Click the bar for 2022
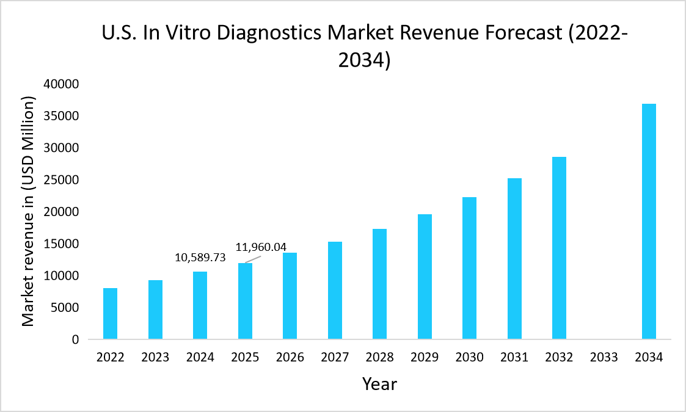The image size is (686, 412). click(x=110, y=314)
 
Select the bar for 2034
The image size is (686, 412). click(x=649, y=222)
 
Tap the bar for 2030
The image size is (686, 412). click(x=469, y=269)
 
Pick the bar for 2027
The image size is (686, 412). click(x=335, y=291)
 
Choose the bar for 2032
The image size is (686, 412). click(x=559, y=248)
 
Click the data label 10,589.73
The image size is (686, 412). click(x=200, y=258)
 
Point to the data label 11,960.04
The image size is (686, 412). click(x=261, y=248)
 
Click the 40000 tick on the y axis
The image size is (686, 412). click(x=61, y=84)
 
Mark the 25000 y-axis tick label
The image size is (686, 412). click(x=61, y=180)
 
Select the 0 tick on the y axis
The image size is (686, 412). click(x=75, y=339)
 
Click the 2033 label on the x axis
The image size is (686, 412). click(x=604, y=358)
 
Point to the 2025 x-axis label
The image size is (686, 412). click(x=245, y=358)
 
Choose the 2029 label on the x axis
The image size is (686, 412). click(x=425, y=358)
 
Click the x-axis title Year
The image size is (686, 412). click(x=379, y=384)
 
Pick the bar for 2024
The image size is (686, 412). click(x=200, y=305)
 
